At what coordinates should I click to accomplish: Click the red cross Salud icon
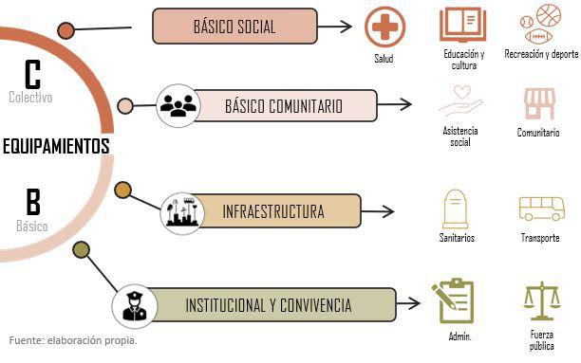tap(384, 27)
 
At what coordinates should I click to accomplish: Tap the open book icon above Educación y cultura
tap(462, 25)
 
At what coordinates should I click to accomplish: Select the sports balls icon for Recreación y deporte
tap(540, 23)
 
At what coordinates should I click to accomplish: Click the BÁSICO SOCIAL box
tap(234, 27)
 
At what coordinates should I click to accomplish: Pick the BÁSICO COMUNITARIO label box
tap(285, 106)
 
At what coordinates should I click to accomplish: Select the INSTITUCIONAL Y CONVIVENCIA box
tap(272, 305)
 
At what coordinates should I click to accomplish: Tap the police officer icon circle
tap(135, 306)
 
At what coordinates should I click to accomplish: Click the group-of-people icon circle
tap(178, 106)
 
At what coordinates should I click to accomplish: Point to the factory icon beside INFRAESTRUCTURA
tap(182, 213)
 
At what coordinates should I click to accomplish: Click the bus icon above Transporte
tap(541, 209)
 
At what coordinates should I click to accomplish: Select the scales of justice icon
tap(541, 300)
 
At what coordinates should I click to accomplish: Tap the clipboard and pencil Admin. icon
tap(454, 300)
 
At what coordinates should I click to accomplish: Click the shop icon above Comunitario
tap(539, 103)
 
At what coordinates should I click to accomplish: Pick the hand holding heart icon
tap(460, 101)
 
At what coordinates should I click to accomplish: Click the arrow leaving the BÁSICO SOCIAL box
tap(334, 27)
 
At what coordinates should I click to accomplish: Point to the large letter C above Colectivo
tap(32, 74)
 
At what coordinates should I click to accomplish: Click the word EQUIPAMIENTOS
tap(56, 146)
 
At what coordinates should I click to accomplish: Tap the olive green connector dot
tap(81, 250)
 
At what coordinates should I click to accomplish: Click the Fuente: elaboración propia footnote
tap(73, 340)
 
